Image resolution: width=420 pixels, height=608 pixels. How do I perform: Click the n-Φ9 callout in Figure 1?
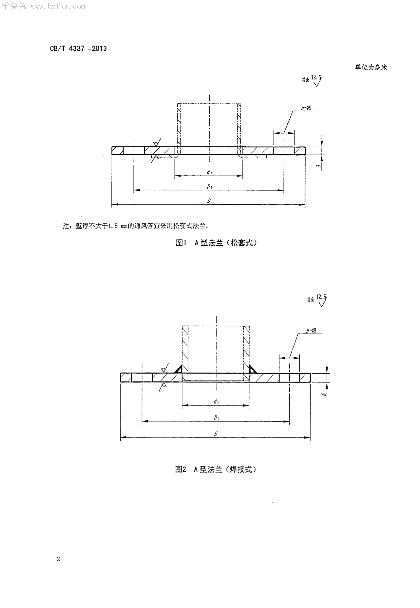coord(306,108)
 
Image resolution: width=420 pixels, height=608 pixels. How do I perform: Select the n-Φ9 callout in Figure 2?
coord(311,330)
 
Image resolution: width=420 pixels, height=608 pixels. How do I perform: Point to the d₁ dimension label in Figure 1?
coord(209,172)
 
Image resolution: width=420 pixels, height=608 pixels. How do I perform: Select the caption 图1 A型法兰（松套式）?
coord(216,243)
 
